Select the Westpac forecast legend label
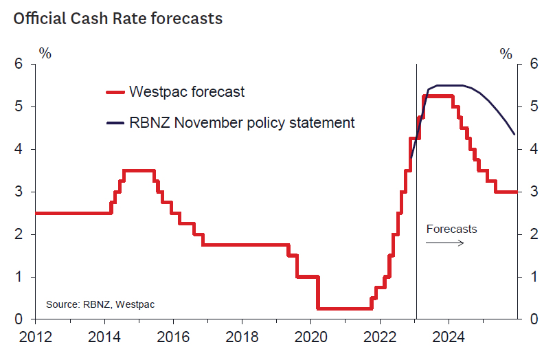(187, 91)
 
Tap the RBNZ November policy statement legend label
(242, 123)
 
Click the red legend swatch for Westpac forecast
(115, 91)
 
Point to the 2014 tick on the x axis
(105, 337)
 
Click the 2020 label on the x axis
(310, 337)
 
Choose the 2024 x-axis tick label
(448, 337)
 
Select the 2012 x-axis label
(36, 337)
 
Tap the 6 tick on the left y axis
(19, 64)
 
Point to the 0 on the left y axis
(19, 319)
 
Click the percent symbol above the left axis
(45, 53)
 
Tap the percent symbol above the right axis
(506, 53)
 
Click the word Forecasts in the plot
(451, 229)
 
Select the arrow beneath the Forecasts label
(445, 243)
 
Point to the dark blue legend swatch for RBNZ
(115, 123)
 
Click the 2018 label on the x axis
(242, 337)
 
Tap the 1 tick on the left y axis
(19, 277)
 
